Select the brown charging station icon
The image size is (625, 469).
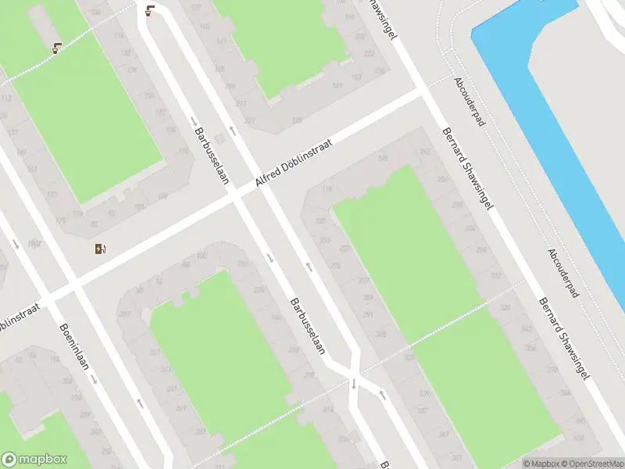coord(100,249)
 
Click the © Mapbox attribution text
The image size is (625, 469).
coord(540,464)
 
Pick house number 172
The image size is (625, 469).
coord(161,112)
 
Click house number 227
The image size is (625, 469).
coord(249,120)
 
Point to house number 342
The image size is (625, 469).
coord(425,152)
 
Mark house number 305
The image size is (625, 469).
coord(381,334)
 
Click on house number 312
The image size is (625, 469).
coord(495,276)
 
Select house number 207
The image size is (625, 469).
coord(123,314)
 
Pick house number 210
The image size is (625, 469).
coord(241,264)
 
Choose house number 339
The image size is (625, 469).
coord(424,393)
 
